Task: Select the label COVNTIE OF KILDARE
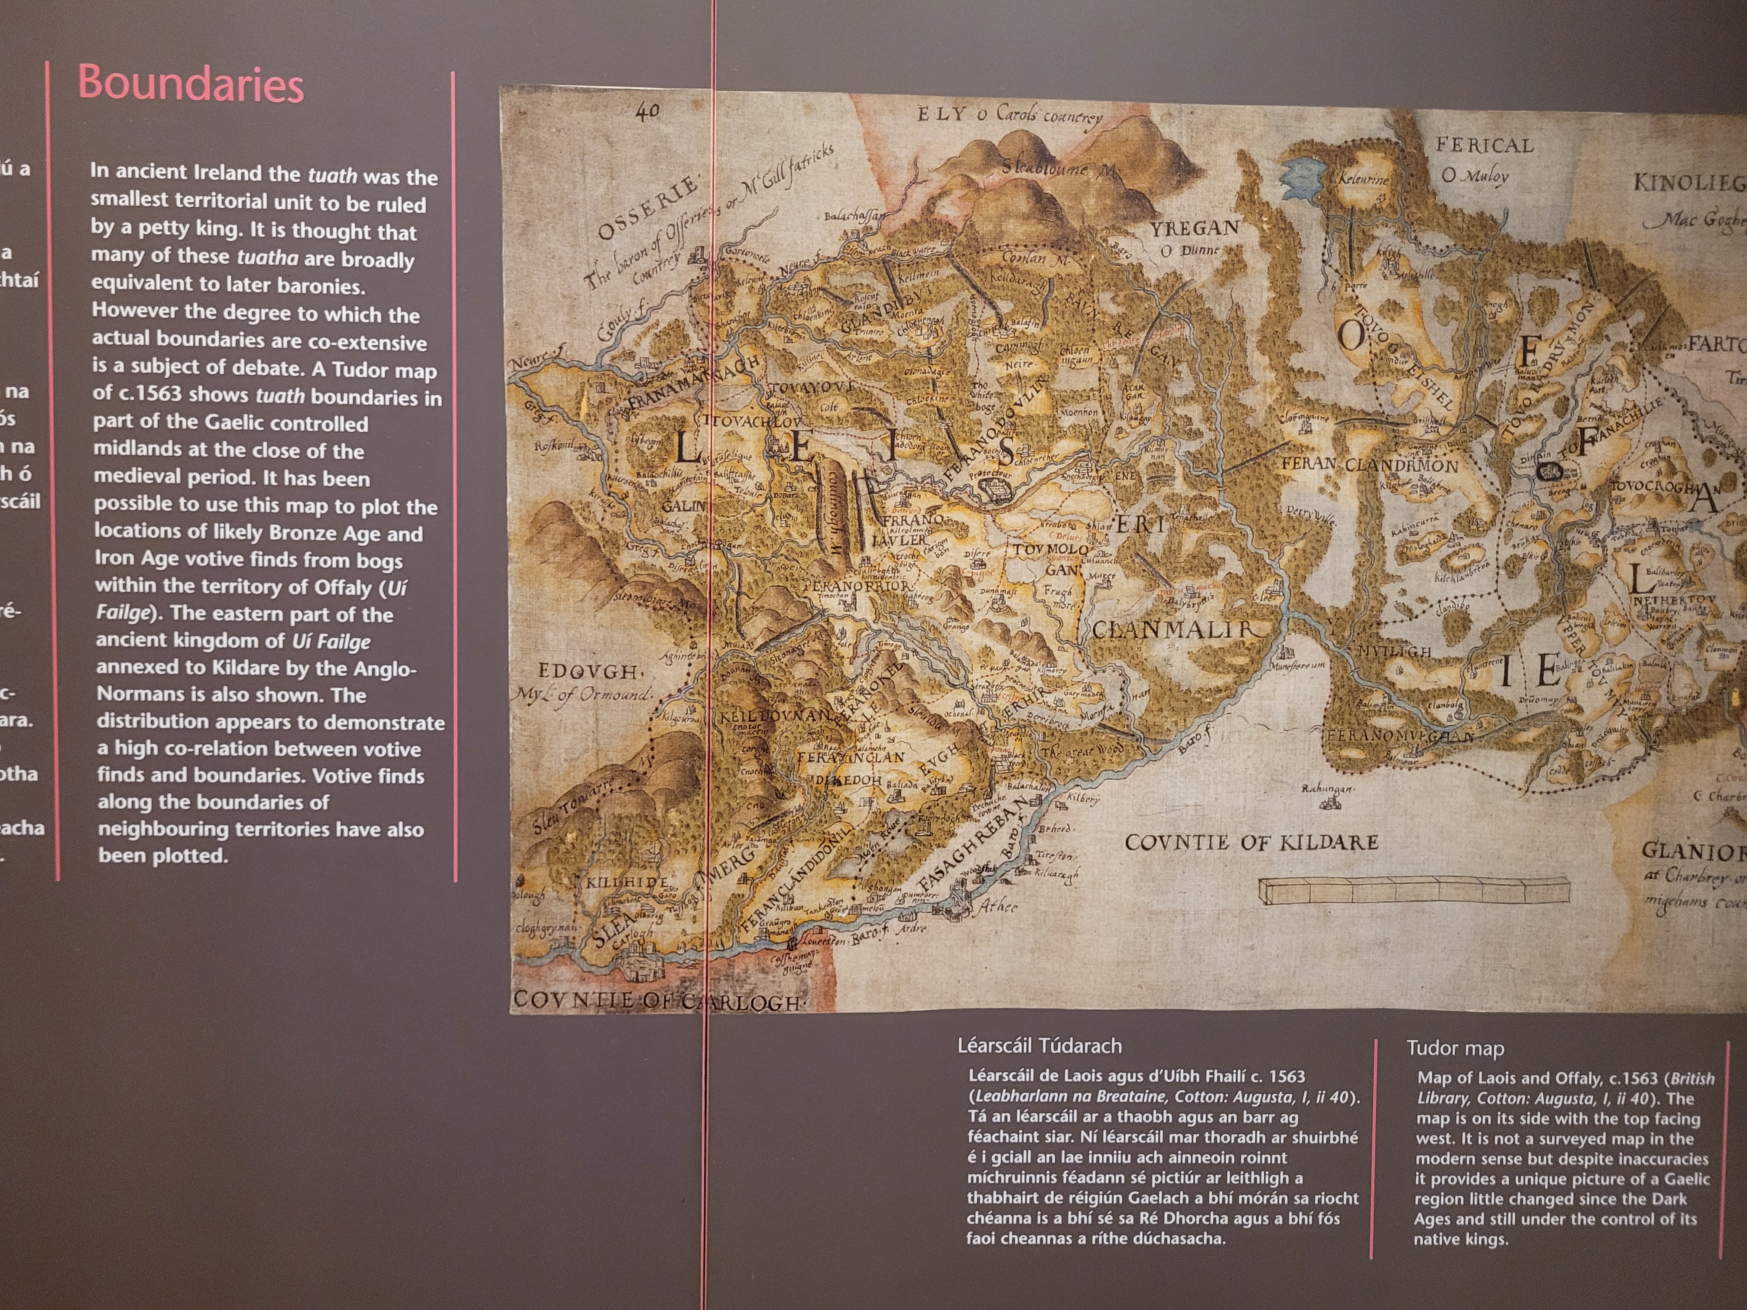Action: (x=1252, y=843)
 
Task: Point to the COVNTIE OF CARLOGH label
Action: (x=657, y=1000)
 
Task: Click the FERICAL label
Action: (x=1484, y=145)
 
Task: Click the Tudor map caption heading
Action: (x=1455, y=1049)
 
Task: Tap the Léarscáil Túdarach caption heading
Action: (x=1039, y=1046)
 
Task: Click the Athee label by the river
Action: (x=998, y=907)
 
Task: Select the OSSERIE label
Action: (x=648, y=208)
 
